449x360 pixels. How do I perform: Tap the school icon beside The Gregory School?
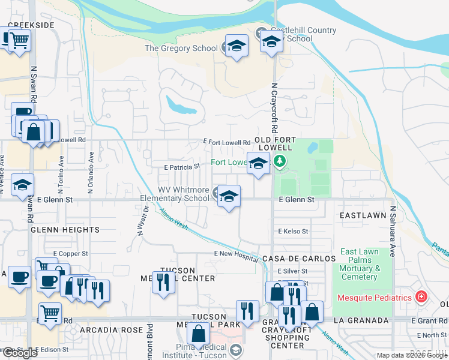click(237, 47)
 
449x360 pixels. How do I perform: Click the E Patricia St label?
click(182, 166)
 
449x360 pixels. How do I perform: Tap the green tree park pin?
click(279, 161)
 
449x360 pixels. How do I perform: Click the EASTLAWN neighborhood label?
click(361, 214)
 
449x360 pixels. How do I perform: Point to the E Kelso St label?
click(293, 231)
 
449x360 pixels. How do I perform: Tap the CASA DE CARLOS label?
click(299, 258)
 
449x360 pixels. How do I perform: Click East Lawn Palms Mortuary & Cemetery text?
click(360, 264)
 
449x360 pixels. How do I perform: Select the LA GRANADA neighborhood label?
click(361, 321)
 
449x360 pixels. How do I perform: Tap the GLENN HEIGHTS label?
click(65, 230)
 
